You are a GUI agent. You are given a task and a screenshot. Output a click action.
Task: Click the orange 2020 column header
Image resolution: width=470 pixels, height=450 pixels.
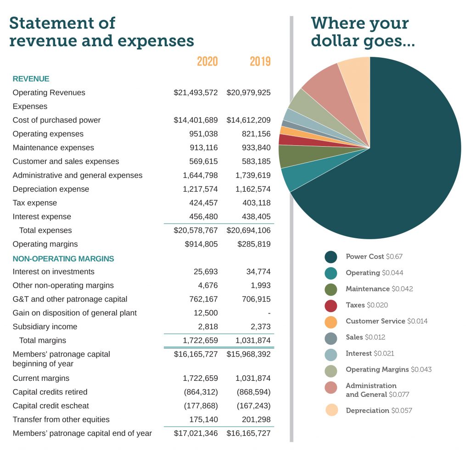click(x=207, y=61)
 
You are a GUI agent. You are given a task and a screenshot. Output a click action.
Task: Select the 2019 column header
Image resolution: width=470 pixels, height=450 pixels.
click(x=260, y=61)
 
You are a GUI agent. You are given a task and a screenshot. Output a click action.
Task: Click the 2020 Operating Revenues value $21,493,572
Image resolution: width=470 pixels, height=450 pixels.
click(x=196, y=93)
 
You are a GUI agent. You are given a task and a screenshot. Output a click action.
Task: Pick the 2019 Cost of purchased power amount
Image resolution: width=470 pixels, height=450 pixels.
click(x=248, y=120)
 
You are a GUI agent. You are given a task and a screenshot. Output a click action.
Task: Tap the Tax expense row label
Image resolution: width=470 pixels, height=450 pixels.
click(x=35, y=203)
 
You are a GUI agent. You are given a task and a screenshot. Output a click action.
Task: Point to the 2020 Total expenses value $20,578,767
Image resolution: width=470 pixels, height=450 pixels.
click(x=196, y=230)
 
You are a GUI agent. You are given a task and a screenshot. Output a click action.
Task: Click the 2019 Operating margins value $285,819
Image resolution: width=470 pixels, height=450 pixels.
click(x=254, y=244)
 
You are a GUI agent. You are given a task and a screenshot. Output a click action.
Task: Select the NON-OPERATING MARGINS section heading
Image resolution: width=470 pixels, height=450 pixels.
click(x=63, y=258)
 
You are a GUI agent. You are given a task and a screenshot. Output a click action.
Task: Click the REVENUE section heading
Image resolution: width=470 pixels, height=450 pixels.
click(x=31, y=79)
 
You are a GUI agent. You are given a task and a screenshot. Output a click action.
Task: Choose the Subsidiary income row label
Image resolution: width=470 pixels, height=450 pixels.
click(x=45, y=327)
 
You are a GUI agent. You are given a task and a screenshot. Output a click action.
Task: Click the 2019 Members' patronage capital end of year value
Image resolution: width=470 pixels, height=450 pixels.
click(x=248, y=433)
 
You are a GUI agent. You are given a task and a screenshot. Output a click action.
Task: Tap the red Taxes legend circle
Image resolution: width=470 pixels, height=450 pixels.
click(x=330, y=305)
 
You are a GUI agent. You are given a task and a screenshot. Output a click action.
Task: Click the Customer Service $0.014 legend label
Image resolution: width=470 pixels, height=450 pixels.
click(x=386, y=321)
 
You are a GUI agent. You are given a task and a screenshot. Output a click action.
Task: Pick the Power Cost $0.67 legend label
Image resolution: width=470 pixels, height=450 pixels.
click(x=374, y=257)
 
